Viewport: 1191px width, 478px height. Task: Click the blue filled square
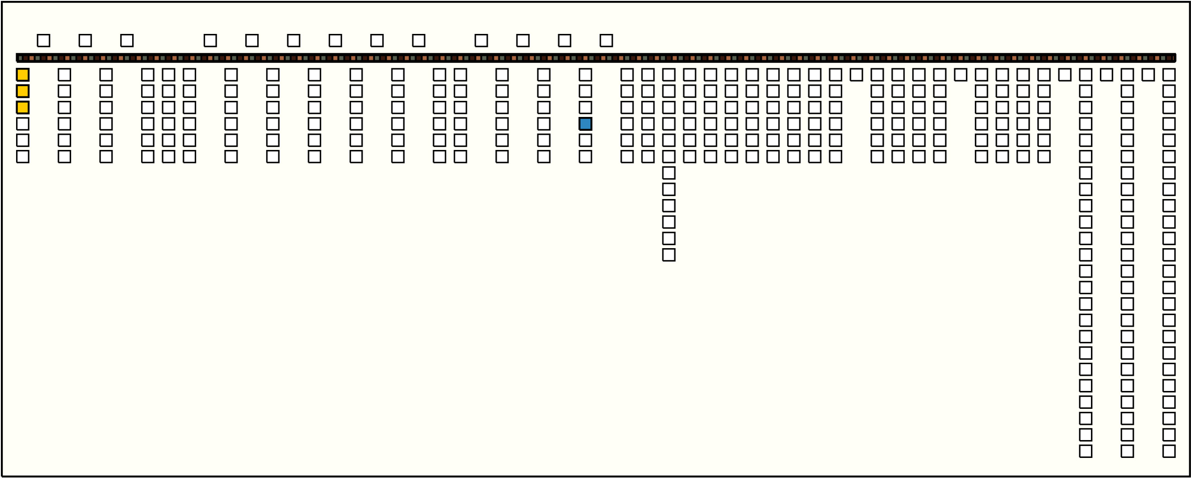pyautogui.click(x=585, y=124)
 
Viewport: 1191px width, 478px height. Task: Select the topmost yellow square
pyautogui.click(x=23, y=75)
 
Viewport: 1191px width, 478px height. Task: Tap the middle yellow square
pyautogui.click(x=23, y=91)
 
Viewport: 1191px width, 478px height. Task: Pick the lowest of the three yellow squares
pyautogui.click(x=23, y=108)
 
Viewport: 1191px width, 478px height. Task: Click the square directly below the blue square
pyautogui.click(x=585, y=141)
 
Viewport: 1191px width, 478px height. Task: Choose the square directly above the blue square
pyautogui.click(x=585, y=108)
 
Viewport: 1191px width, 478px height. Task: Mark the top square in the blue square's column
pyautogui.click(x=585, y=75)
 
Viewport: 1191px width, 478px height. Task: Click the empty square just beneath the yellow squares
pyautogui.click(x=23, y=124)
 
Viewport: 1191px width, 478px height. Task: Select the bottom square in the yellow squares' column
pyautogui.click(x=23, y=157)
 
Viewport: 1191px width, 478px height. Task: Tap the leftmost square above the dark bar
pyautogui.click(x=43, y=41)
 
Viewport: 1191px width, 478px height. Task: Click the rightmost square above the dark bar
pyautogui.click(x=606, y=41)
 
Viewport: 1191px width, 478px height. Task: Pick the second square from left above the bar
pyautogui.click(x=85, y=41)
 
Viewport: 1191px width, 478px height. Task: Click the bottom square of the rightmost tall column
pyautogui.click(x=1169, y=451)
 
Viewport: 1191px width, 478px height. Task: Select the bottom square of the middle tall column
pyautogui.click(x=1127, y=451)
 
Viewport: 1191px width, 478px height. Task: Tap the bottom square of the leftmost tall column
pyautogui.click(x=1086, y=451)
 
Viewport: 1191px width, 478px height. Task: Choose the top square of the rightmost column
pyautogui.click(x=1169, y=75)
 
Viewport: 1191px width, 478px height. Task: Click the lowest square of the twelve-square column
pyautogui.click(x=669, y=255)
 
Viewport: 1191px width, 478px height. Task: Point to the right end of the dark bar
pyautogui.click(x=1174, y=58)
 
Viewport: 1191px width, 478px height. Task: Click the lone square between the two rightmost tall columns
pyautogui.click(x=1148, y=75)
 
